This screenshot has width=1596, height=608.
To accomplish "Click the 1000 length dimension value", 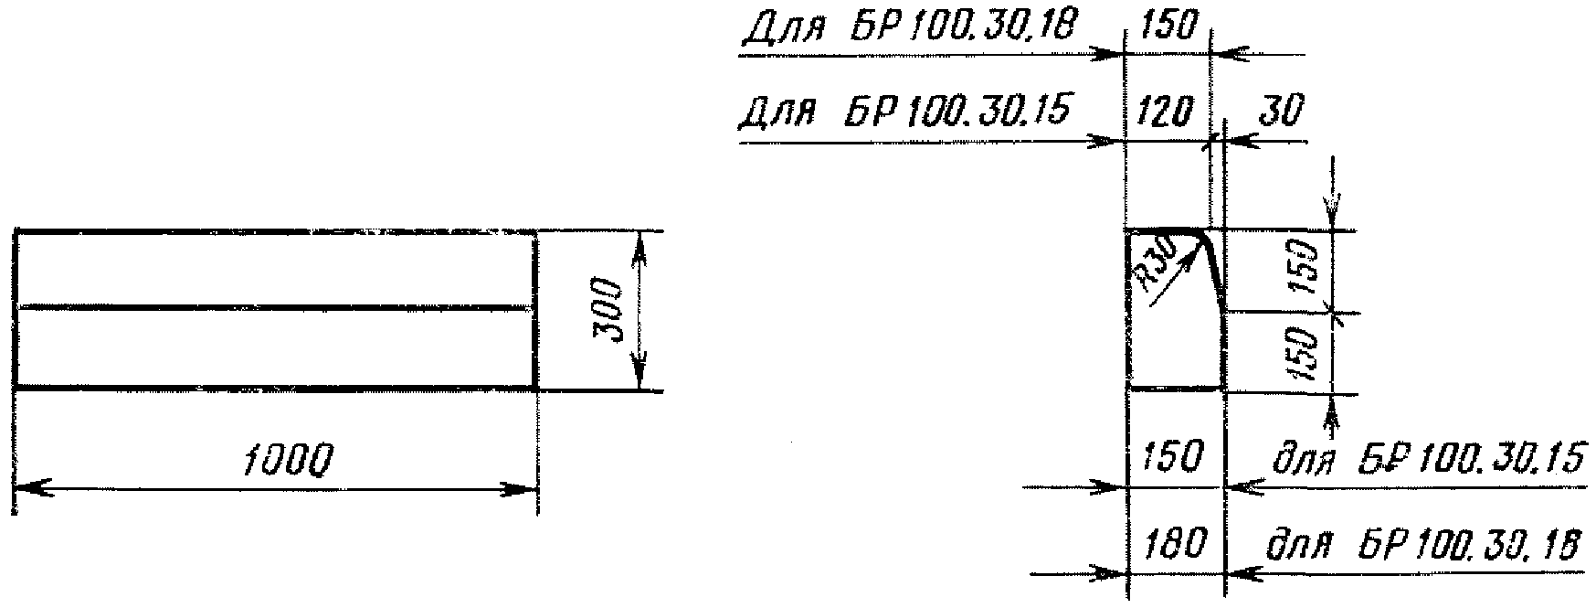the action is pyautogui.click(x=288, y=462).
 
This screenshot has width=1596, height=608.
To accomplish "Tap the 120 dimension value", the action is pyautogui.click(x=1167, y=112).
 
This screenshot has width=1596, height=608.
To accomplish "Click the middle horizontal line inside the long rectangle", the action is pyautogui.click(x=274, y=308).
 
